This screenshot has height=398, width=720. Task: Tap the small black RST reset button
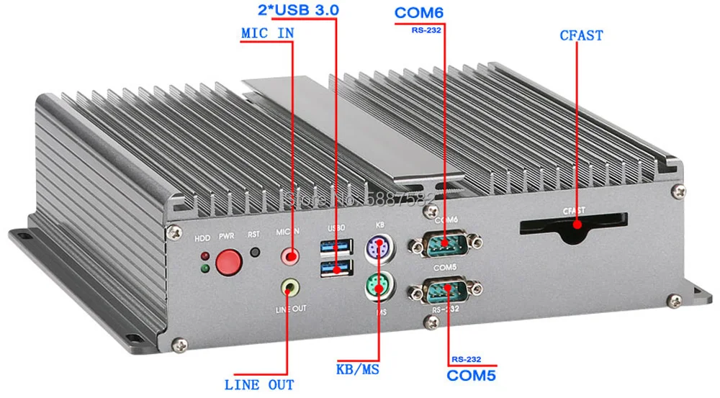254,253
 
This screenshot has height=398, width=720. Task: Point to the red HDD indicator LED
205,256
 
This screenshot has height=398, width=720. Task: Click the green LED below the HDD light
205,269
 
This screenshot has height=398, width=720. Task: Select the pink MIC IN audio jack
291,255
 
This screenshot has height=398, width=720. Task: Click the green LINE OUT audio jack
289,287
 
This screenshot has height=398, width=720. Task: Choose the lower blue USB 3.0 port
336,269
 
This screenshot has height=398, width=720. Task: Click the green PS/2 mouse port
377,286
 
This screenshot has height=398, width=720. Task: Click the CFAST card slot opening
574,224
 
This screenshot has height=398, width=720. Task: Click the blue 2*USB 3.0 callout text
298,11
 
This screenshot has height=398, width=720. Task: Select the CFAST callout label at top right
581,35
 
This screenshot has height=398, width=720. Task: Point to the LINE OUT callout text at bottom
259,384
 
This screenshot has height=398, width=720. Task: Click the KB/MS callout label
358,369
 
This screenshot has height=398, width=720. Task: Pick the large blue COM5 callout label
472,375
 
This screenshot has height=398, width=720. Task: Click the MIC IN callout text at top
267,33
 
